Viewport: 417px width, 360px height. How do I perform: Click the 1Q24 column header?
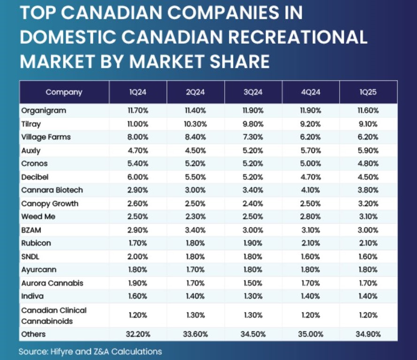[x=138, y=92]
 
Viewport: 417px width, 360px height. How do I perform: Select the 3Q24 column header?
[x=253, y=92]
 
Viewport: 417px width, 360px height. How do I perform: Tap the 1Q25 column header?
[x=368, y=92]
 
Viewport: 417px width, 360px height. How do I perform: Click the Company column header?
[x=64, y=92]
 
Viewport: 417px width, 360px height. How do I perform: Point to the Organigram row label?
[x=44, y=110]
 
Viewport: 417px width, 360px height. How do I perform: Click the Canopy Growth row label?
[x=50, y=204]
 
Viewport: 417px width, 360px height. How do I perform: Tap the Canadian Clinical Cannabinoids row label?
[x=54, y=315]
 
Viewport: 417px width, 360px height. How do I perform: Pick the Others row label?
[x=33, y=334]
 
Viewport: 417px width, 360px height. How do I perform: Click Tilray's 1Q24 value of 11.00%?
[x=138, y=124]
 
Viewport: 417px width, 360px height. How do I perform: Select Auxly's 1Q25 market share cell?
[x=368, y=151]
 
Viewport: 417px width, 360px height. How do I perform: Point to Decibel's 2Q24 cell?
[x=196, y=177]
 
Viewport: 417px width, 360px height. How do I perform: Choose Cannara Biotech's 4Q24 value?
[x=311, y=190]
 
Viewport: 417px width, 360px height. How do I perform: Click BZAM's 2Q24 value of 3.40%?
[x=196, y=230]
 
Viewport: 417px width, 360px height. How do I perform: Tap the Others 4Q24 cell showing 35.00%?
[x=311, y=334]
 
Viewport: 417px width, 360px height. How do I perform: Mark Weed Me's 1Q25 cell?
[x=368, y=217]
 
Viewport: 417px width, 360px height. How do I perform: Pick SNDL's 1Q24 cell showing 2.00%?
[x=138, y=257]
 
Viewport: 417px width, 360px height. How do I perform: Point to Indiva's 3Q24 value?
[x=253, y=297]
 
